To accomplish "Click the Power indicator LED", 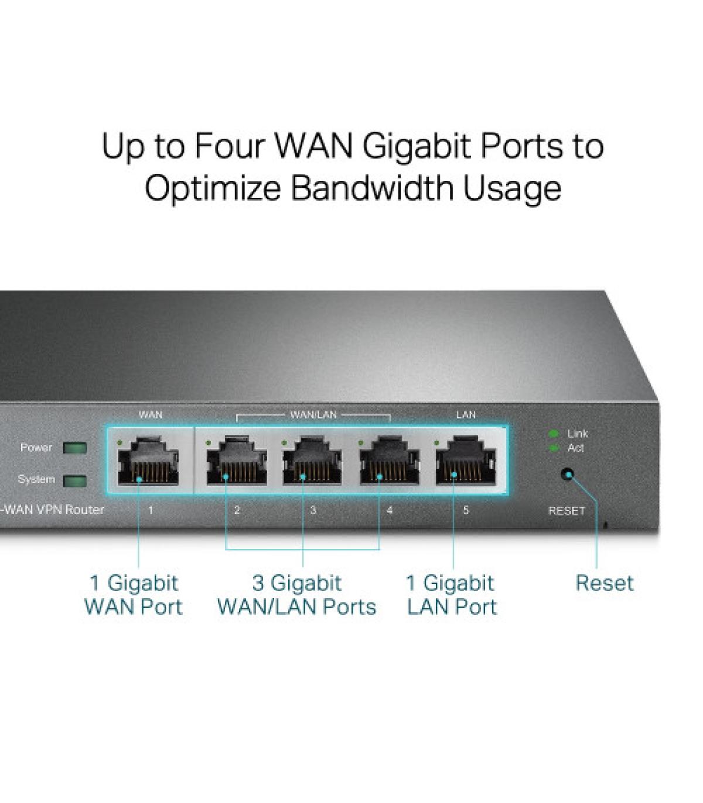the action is pos(75,448).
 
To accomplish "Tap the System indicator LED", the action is pos(75,481).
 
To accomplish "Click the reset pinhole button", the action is pos(567,474).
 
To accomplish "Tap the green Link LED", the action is pos(554,434).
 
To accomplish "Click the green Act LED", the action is pos(554,448).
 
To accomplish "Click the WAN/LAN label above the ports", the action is pos(313,415).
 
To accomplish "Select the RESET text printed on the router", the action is pos(567,510).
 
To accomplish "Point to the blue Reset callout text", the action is pos(605,583).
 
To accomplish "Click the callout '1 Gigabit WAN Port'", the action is pos(134,595).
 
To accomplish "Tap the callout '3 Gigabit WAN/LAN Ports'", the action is pos(297,595).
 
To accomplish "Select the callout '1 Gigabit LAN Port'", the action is pos(452,595).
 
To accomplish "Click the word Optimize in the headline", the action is pos(213,188).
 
